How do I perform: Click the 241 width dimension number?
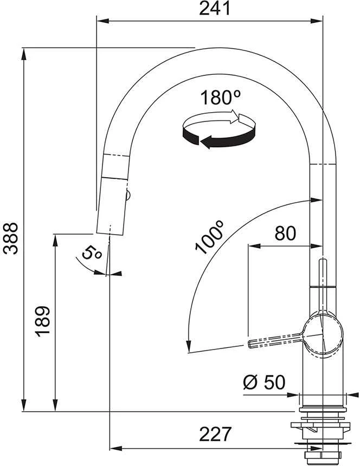click(x=215, y=8)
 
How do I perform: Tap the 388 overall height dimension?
click(x=10, y=238)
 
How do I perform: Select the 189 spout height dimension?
click(x=42, y=321)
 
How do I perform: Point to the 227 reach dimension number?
click(x=215, y=434)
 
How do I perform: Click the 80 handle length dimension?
click(x=285, y=234)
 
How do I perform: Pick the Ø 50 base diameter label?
click(x=264, y=382)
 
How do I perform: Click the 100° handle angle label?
click(x=209, y=238)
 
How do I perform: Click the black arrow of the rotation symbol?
click(x=220, y=137)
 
